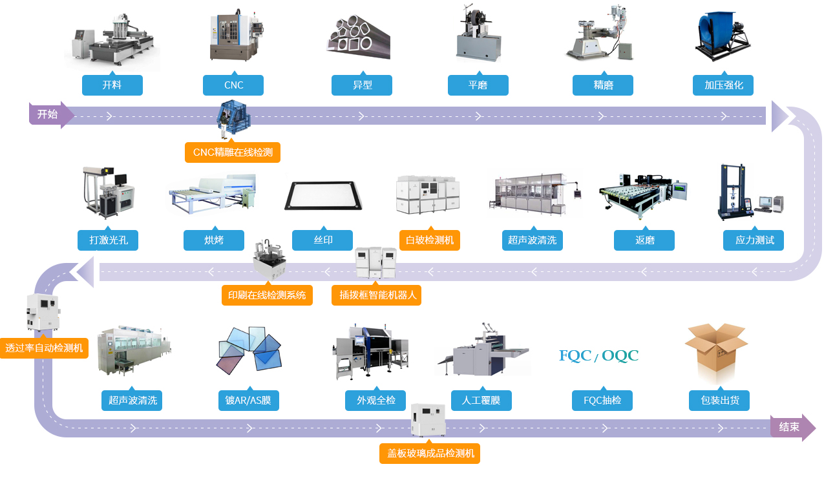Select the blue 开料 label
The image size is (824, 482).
[x=112, y=85]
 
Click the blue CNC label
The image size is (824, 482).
[x=233, y=85]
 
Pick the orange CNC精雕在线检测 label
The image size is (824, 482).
[x=233, y=152]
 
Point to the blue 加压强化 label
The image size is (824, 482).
[x=723, y=85]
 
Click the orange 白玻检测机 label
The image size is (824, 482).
[x=430, y=240]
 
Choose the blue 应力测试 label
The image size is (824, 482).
[x=754, y=240]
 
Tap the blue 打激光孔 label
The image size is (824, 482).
[x=108, y=240]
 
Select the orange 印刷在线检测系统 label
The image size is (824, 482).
[x=267, y=295]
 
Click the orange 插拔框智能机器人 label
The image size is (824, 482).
[x=376, y=295]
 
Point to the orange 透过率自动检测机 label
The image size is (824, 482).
[x=44, y=348]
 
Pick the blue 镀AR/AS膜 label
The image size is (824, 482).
[x=249, y=401]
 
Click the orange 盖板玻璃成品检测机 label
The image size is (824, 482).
[x=430, y=454]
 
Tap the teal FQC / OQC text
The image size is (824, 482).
[x=599, y=355]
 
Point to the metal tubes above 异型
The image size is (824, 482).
[x=359, y=37]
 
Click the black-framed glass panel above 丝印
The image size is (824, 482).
[x=323, y=195]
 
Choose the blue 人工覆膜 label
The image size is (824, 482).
[x=481, y=401]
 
